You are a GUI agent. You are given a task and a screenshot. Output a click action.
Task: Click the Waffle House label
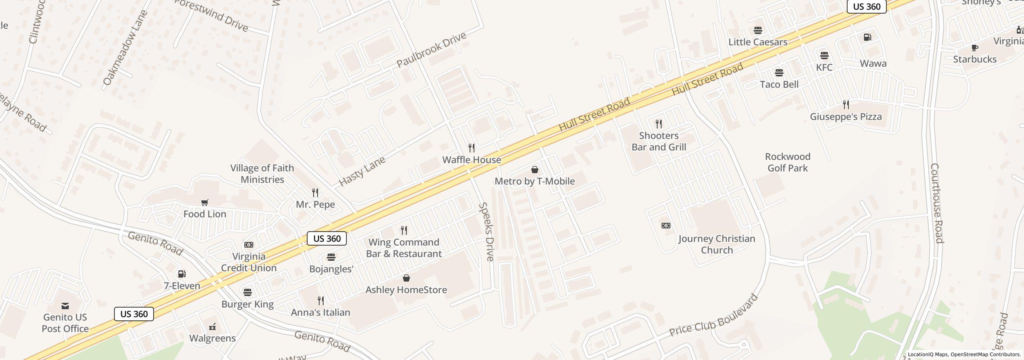pos(472,160)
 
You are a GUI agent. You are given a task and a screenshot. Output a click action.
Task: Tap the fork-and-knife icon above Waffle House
pos(472,148)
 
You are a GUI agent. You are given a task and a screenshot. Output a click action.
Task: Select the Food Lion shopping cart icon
pos(205,202)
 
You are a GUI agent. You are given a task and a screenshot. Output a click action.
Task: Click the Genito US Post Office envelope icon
pos(65,306)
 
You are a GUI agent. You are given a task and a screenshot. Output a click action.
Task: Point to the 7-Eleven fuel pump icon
pos(182,274)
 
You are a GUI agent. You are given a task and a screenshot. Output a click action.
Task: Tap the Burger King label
pos(248,304)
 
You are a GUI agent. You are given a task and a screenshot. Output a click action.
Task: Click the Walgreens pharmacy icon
pos(212,327)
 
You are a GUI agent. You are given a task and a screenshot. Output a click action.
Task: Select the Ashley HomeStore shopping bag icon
pos(406,278)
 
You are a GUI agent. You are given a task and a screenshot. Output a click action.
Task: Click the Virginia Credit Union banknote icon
pos(249,245)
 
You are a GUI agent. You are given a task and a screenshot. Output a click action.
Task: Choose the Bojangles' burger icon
pos(331,257)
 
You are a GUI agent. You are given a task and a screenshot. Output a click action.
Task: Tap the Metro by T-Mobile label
pos(535,181)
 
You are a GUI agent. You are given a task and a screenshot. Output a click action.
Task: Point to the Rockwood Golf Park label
pos(788,162)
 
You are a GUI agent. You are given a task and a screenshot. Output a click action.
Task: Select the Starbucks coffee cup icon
pos(975,48)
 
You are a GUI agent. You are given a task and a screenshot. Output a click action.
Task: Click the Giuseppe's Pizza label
pos(846,117)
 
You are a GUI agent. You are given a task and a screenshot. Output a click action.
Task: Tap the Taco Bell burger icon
pos(779,73)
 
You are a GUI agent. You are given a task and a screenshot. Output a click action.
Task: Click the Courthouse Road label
pos(937,203)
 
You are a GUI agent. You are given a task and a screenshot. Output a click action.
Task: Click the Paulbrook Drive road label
pos(432,50)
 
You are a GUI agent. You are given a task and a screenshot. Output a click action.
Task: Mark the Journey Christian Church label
pos(717,244)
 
